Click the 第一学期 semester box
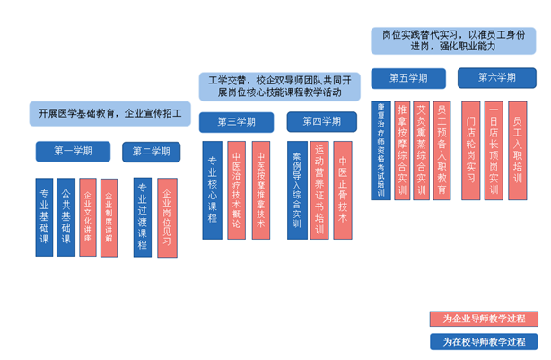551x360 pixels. [73, 151]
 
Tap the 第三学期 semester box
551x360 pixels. [236, 121]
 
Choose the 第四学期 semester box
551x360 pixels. [320, 121]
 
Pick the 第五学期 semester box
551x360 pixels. [408, 78]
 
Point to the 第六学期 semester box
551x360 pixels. [496, 78]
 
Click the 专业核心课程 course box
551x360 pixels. [213, 189]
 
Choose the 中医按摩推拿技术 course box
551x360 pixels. [260, 189]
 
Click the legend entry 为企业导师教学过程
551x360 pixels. [484, 319]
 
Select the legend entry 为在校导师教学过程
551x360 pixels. [484, 341]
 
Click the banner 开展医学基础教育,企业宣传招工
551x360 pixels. [110, 114]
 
